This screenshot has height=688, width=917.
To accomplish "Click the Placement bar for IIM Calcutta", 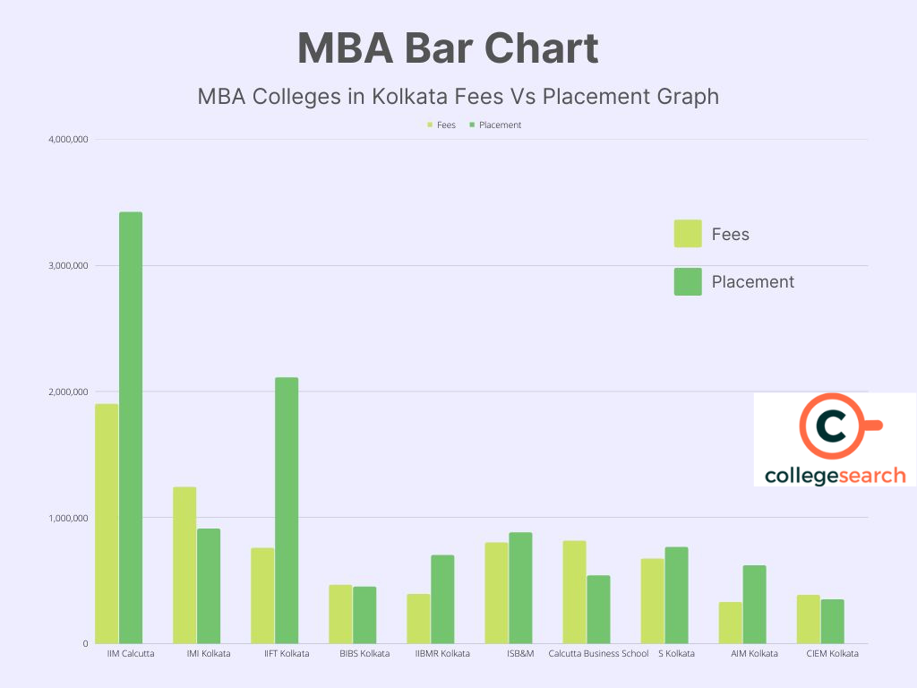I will [x=131, y=427].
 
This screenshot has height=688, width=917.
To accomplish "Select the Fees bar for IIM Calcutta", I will [x=107, y=523].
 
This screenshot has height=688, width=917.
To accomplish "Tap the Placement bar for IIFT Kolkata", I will [x=287, y=510].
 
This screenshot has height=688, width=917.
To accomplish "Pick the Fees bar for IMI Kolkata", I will [x=184, y=564].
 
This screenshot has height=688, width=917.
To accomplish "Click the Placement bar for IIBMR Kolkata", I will [x=442, y=598].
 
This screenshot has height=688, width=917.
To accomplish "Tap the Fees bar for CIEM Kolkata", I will [x=809, y=619].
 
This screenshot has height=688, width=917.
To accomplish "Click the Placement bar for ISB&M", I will [x=520, y=588].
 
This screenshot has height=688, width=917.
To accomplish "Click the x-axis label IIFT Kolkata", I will [x=287, y=654].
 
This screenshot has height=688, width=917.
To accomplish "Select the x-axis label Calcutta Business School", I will [x=598, y=654].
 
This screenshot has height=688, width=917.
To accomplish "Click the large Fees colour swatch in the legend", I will [x=688, y=234].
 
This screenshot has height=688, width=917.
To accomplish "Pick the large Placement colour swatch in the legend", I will [x=688, y=281].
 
